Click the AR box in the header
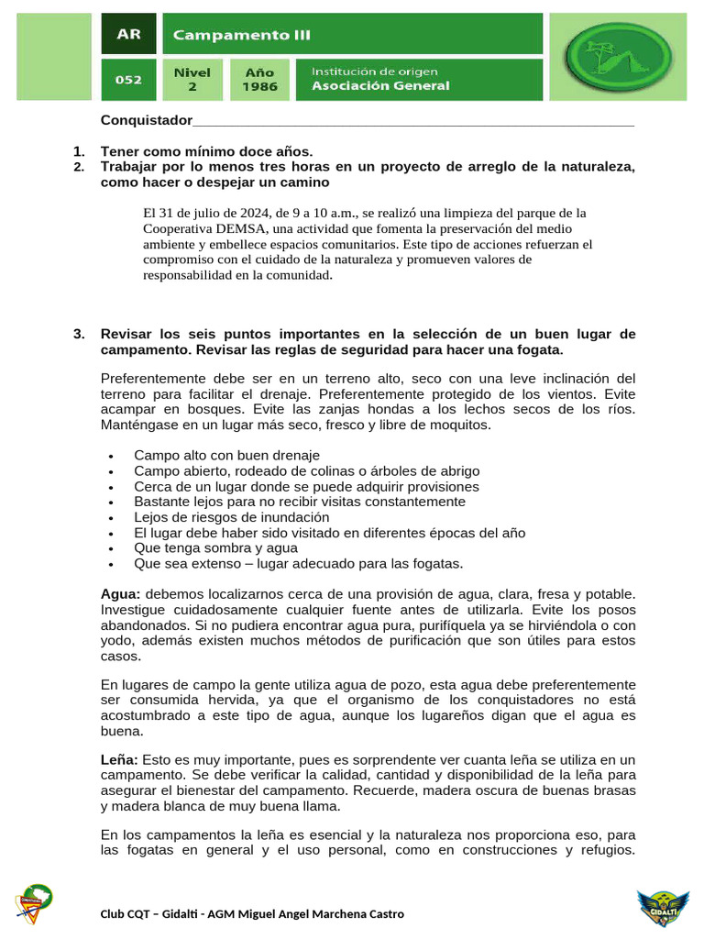click(128, 36)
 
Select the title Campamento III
click(242, 36)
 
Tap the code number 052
click(128, 80)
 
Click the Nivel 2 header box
click(192, 80)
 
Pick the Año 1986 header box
click(259, 80)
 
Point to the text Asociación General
click(381, 86)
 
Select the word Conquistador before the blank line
click(147, 121)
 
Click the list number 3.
click(79, 335)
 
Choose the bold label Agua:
click(120, 595)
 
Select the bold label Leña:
click(119, 760)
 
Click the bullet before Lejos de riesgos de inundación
click(111, 518)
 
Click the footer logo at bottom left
click(33, 905)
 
